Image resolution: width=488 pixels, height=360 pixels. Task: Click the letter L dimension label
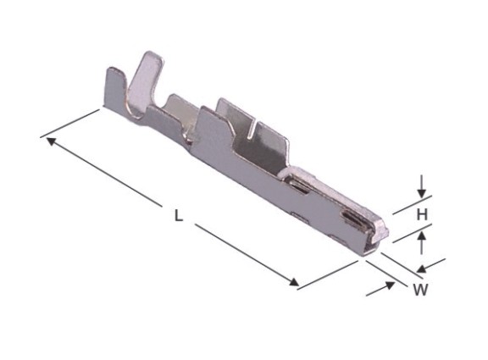(178, 215)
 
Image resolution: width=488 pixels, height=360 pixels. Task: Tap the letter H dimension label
(422, 214)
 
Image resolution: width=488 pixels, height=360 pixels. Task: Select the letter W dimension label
(420, 290)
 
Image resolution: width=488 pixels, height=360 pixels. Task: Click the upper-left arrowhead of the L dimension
(51, 141)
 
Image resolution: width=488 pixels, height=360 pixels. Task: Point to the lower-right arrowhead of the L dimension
(294, 282)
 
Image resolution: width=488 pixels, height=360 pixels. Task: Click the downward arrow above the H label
(421, 186)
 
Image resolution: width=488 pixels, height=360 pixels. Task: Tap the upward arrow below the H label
(421, 243)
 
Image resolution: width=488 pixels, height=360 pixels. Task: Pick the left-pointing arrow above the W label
(431, 264)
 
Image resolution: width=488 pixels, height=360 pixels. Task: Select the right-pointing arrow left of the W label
(380, 289)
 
